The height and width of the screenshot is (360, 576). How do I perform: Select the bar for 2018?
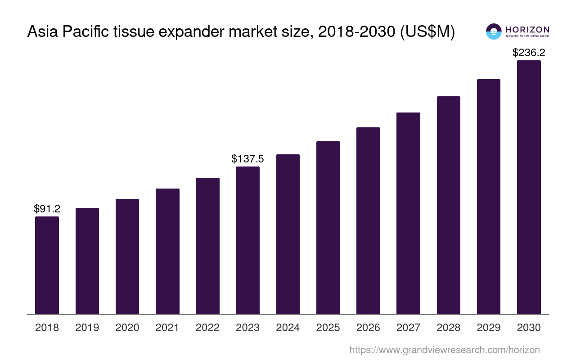pyautogui.click(x=47, y=265)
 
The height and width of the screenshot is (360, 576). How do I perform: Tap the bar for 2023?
pyautogui.click(x=247, y=240)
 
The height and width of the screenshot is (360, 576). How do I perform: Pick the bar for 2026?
pyautogui.click(x=368, y=220)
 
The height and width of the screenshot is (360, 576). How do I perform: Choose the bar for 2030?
pyautogui.click(x=529, y=187)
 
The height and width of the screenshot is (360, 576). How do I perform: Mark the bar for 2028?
pyautogui.click(x=449, y=205)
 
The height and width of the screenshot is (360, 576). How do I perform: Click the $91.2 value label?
pyautogui.click(x=47, y=209)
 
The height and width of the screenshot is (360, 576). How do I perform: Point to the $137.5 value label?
pyautogui.click(x=247, y=159)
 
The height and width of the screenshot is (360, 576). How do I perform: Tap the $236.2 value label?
pyautogui.click(x=529, y=53)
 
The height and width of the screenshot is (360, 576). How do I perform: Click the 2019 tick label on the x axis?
pyautogui.click(x=87, y=328)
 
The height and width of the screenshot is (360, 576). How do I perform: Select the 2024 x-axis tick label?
pyautogui.click(x=288, y=328)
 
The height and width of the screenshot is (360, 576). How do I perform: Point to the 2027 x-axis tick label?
pyautogui.click(x=409, y=328)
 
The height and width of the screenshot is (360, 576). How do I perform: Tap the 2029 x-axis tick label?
pyautogui.click(x=489, y=328)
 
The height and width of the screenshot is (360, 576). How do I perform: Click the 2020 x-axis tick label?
pyautogui.click(x=127, y=328)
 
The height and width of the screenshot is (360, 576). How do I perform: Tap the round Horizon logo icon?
pyautogui.click(x=494, y=31)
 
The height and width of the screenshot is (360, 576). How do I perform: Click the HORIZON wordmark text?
pyautogui.click(x=527, y=29)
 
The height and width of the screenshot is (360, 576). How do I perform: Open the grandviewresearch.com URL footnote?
pyautogui.click(x=444, y=350)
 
